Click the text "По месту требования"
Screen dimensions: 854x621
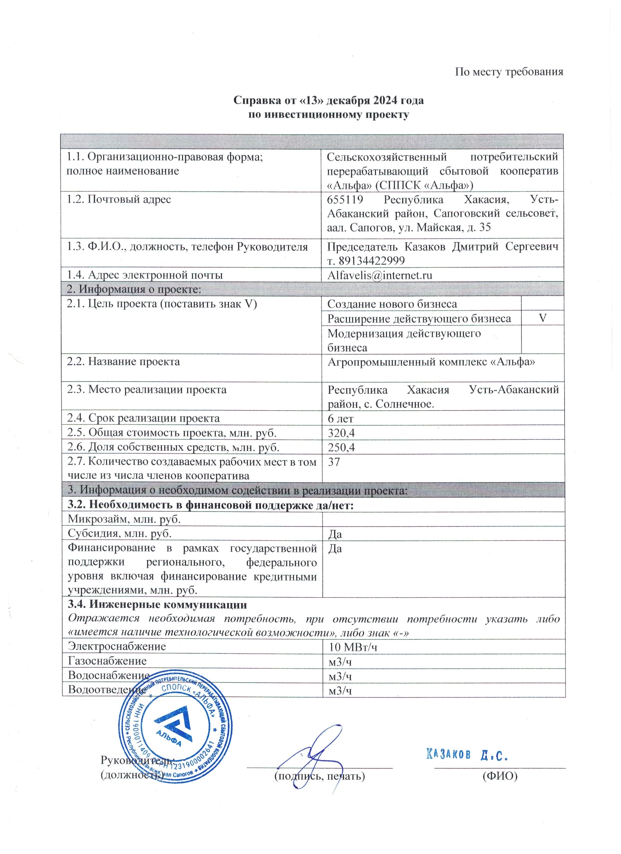click(509, 72)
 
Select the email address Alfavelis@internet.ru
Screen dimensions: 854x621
click(380, 275)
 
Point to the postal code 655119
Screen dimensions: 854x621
click(345, 199)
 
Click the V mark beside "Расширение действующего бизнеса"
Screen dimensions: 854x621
click(542, 318)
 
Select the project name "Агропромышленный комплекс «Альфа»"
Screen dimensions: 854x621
click(431, 362)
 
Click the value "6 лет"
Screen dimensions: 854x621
click(340, 418)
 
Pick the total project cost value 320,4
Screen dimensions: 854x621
click(341, 433)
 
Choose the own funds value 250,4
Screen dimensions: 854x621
click(341, 447)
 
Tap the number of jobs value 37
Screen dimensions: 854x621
click(334, 462)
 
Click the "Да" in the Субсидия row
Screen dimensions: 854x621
click(335, 534)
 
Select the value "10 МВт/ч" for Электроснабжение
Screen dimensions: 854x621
click(353, 647)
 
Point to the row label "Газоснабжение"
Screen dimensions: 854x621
click(107, 661)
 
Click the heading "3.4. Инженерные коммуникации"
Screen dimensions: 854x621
click(157, 605)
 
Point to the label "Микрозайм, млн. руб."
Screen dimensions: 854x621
click(124, 519)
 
